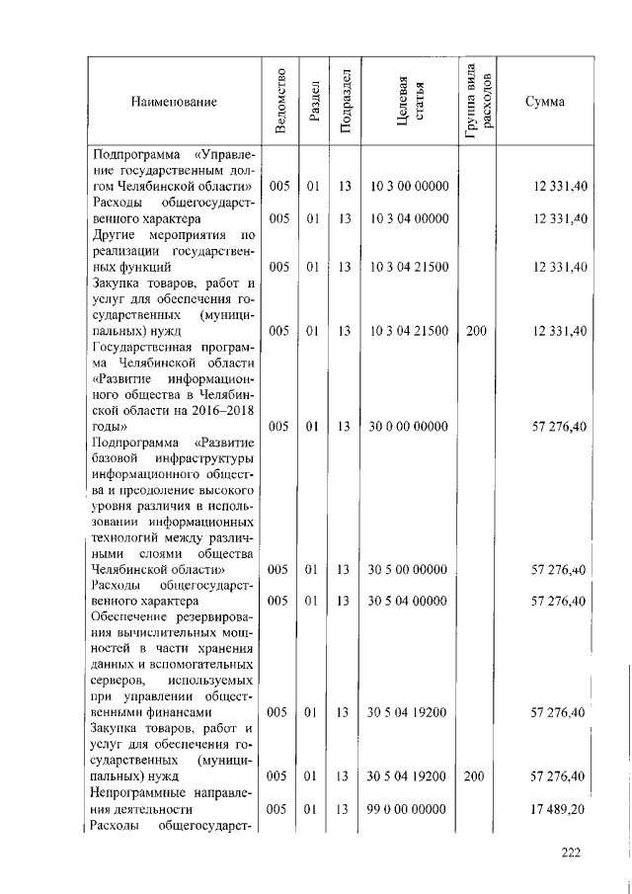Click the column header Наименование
[x=173, y=101]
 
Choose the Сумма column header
[x=545, y=101]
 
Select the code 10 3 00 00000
[x=409, y=186]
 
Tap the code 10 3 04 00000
[x=409, y=217]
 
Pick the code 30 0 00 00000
[x=409, y=426]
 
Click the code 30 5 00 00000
[x=409, y=570]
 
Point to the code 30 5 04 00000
[x=409, y=601]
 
